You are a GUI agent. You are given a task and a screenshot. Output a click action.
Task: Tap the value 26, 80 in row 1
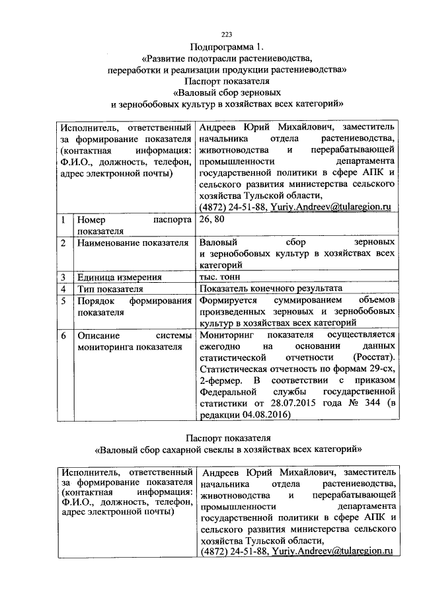coord(212,220)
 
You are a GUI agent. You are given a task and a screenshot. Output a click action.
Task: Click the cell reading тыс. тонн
coord(223,277)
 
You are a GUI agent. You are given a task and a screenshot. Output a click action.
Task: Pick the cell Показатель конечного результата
coord(270,289)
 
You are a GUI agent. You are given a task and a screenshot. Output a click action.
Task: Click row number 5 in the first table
coord(62,301)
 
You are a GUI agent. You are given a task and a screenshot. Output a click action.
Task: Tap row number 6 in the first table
coord(62,335)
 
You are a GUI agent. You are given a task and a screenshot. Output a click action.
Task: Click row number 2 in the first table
coord(62,243)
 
